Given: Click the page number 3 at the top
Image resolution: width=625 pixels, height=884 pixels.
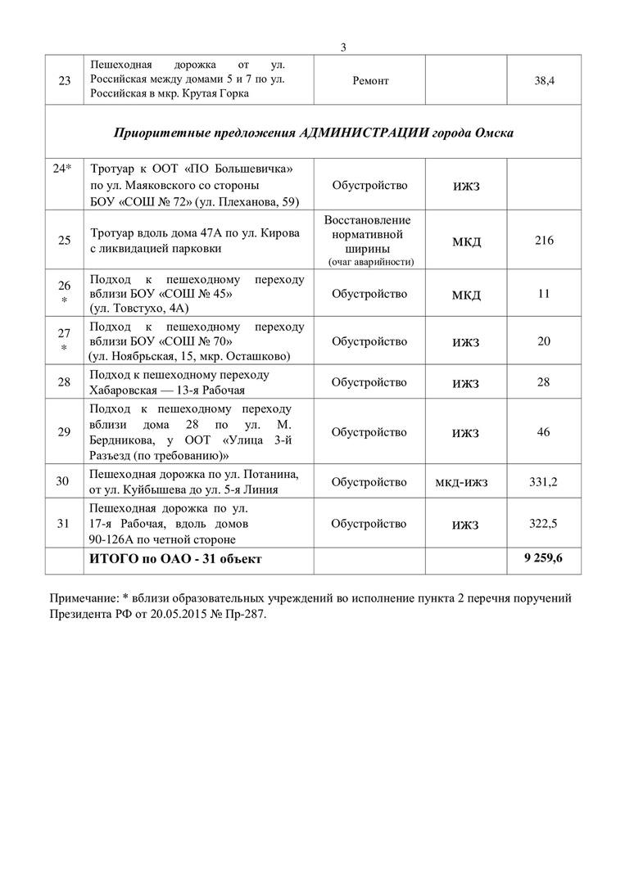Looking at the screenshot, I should pyautogui.click(x=344, y=47).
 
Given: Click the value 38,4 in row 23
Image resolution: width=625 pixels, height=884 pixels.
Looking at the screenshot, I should pyautogui.click(x=545, y=82).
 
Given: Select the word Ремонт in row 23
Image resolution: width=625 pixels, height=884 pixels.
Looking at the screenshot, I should pyautogui.click(x=370, y=82).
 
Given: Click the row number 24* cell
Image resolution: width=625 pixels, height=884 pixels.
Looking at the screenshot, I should pyautogui.click(x=63, y=168).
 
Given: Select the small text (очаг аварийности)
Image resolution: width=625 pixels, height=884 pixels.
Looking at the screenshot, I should pyautogui.click(x=369, y=262).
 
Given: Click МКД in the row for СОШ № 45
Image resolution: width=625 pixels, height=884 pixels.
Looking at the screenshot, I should pyautogui.click(x=466, y=295).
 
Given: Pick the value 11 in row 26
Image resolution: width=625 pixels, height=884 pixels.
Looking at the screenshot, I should pyautogui.click(x=544, y=293).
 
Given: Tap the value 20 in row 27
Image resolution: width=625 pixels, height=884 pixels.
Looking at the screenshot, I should pyautogui.click(x=544, y=341).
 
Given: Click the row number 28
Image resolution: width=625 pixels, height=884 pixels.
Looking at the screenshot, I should pyautogui.click(x=63, y=383).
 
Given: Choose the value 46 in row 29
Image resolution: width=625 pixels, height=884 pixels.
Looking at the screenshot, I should pyautogui.click(x=544, y=431).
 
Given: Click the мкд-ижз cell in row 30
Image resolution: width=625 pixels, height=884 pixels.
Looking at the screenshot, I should pyautogui.click(x=466, y=481).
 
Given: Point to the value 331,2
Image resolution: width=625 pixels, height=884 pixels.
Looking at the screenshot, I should pyautogui.click(x=544, y=481).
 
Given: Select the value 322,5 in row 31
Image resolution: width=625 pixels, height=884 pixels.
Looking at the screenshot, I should pyautogui.click(x=544, y=524).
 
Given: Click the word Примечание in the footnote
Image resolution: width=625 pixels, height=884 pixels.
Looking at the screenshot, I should pyautogui.click(x=84, y=599).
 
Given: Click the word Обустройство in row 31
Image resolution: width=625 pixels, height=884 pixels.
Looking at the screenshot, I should pyautogui.click(x=369, y=524).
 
